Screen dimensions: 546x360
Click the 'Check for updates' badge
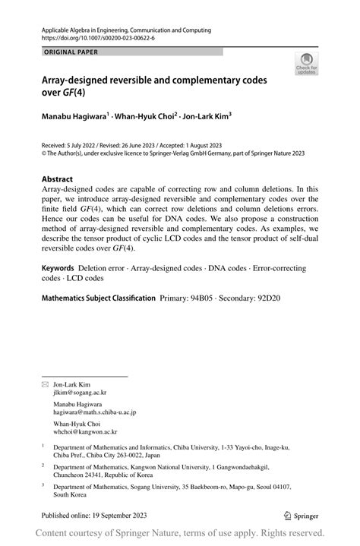coord(307,65)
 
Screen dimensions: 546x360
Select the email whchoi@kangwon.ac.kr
coord(85,431)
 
